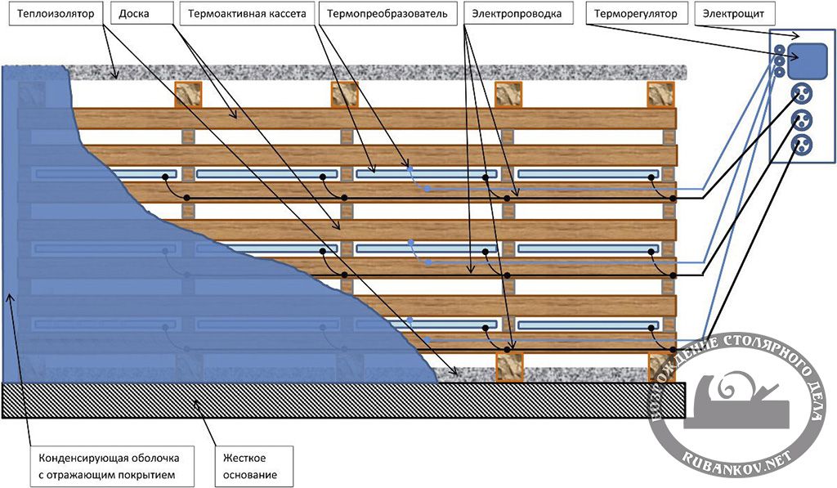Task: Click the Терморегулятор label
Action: click(635, 15)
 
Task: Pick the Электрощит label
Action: click(729, 15)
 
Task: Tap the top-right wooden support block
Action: click(661, 94)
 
